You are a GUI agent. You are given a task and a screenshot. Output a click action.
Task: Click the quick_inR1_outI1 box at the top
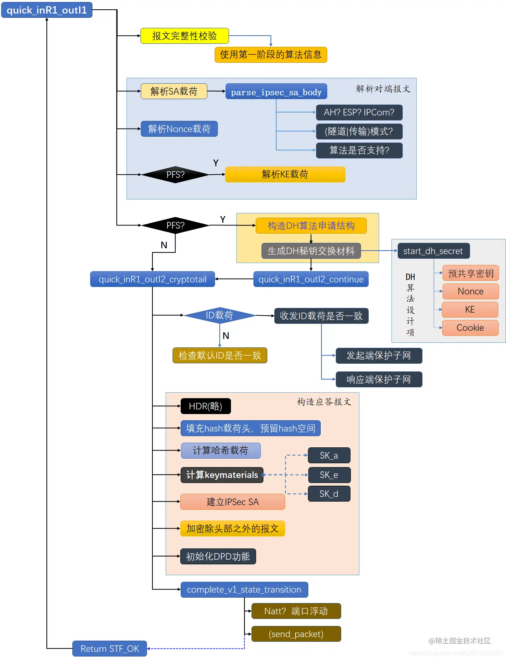[x=47, y=10]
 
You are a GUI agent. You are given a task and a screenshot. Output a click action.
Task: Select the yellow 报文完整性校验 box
[x=185, y=36]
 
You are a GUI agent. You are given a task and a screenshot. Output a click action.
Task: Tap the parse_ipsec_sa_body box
[x=276, y=92]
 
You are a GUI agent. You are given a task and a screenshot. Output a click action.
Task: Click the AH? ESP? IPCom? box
[x=359, y=112]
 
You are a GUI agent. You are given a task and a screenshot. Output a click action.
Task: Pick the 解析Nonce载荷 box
[x=179, y=129]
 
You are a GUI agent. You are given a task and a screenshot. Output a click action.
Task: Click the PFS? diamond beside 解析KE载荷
[x=175, y=175]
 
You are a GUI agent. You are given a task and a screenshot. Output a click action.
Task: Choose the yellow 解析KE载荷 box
[x=285, y=174]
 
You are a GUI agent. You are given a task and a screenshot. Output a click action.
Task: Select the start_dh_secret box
[x=433, y=251]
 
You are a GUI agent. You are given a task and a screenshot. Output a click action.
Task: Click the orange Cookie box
[x=470, y=328]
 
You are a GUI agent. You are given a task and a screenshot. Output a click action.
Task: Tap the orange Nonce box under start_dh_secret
[x=470, y=291]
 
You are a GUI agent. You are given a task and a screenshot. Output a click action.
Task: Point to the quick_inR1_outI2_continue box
[x=311, y=279]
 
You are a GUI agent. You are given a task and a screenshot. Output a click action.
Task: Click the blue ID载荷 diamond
[x=219, y=315]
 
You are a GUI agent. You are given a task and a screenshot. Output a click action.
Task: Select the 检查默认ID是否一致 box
[x=220, y=355]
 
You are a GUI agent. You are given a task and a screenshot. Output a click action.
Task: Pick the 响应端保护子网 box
[x=378, y=379]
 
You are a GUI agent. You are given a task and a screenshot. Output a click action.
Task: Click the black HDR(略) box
[x=205, y=406]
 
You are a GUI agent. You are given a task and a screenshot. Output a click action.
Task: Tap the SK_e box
[x=329, y=475]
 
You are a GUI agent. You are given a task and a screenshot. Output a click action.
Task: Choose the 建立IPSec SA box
[x=232, y=502]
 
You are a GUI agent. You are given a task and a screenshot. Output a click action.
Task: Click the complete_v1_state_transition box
[x=244, y=590]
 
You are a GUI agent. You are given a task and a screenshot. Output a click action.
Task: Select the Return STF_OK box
[x=109, y=648]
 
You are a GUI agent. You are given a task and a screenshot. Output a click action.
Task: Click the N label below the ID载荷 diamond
[x=226, y=336]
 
